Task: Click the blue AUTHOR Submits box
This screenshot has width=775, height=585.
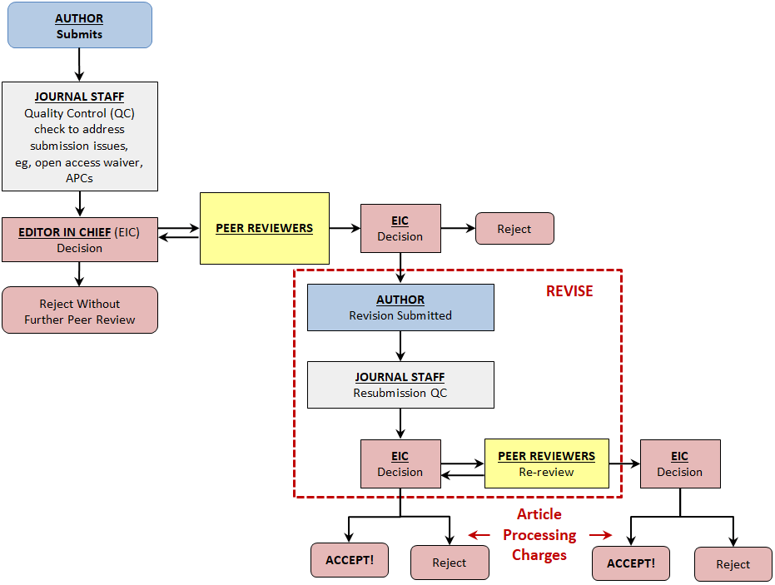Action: pyautogui.click(x=80, y=25)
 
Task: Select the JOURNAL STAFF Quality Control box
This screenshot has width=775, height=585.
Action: pyautogui.click(x=80, y=136)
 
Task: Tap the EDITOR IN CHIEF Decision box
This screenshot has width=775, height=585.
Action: pyautogui.click(x=80, y=240)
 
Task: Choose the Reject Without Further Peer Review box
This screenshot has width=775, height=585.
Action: pyautogui.click(x=80, y=310)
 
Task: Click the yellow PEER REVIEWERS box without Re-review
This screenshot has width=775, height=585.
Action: pyautogui.click(x=265, y=228)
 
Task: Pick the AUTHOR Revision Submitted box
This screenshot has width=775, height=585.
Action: pyautogui.click(x=400, y=307)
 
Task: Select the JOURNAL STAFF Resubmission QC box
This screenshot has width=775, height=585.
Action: pyautogui.click(x=400, y=384)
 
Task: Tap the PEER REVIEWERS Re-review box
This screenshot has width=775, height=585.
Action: pyautogui.click(x=546, y=464)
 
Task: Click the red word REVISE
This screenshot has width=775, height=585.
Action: pyautogui.click(x=569, y=291)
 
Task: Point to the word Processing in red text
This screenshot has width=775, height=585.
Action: pyautogui.click(x=539, y=534)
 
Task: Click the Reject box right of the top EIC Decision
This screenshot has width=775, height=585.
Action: pyautogui.click(x=514, y=229)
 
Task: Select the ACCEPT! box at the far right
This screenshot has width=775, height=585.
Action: pyautogui.click(x=631, y=563)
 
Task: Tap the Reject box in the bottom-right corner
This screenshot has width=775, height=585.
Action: pyautogui.click(x=733, y=564)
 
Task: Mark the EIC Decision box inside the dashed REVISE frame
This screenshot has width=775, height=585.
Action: pyautogui.click(x=400, y=464)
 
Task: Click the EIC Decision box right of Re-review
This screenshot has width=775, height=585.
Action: pyautogui.click(x=680, y=464)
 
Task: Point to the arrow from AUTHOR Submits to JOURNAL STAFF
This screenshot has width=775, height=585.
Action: pyautogui.click(x=80, y=64)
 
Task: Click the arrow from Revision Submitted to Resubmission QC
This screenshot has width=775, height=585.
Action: pyautogui.click(x=400, y=345)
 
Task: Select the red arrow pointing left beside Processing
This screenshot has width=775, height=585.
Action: pyautogui.click(x=479, y=535)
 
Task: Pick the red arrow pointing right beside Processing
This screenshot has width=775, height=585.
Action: pyautogui.click(x=601, y=535)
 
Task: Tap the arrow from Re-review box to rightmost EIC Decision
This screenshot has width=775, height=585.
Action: pyautogui.click(x=624, y=464)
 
